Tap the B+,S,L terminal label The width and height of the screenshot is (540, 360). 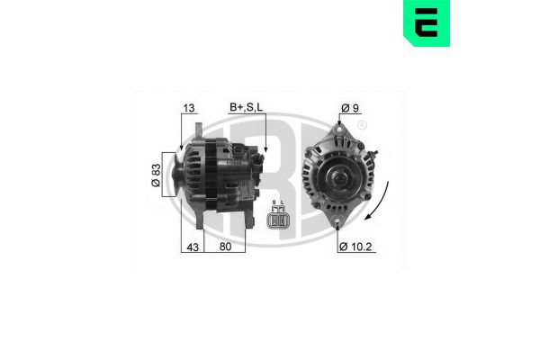247,108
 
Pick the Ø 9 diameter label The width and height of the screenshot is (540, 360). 349,109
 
